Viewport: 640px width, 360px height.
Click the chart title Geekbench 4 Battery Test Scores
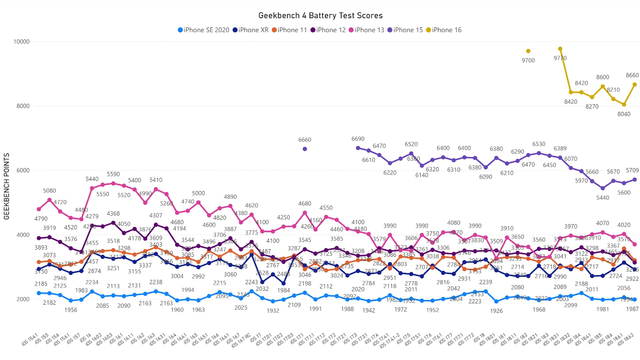[320, 16]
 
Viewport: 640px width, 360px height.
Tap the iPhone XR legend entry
[253, 30]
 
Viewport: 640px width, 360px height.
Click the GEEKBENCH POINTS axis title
[7, 187]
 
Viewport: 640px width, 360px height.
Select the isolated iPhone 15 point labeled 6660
[305, 149]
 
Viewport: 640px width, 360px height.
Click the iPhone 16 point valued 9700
[528, 51]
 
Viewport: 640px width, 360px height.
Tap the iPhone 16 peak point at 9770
[560, 48]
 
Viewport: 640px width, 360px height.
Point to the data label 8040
[624, 114]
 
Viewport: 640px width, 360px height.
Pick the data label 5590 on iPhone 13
[113, 174]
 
